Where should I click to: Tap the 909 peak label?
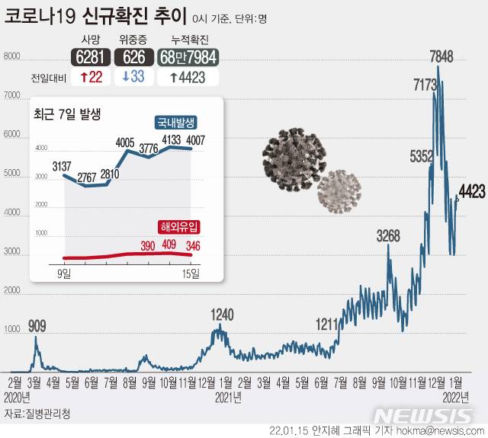(x=37, y=326)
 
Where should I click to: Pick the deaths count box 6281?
(x=89, y=56)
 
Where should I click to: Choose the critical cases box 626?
(x=133, y=56)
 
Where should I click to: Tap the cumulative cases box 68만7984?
(x=188, y=56)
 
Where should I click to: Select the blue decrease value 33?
(x=133, y=77)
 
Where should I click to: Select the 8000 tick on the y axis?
(x=11, y=56)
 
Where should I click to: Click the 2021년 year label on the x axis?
(x=228, y=396)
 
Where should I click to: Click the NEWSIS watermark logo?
(x=425, y=416)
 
